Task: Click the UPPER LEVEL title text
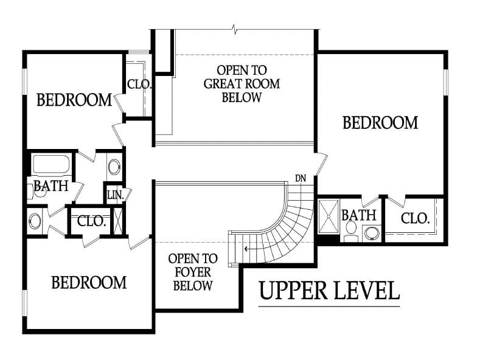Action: (x=329, y=291)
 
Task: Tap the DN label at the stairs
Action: (x=301, y=179)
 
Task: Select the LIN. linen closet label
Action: (x=116, y=195)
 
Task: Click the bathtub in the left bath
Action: (x=51, y=165)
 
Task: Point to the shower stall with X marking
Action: (x=329, y=216)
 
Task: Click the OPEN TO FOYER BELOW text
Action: (x=192, y=272)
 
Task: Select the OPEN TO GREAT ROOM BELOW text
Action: (x=242, y=84)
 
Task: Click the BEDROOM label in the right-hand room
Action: (x=380, y=123)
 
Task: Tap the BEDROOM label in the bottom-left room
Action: (x=89, y=282)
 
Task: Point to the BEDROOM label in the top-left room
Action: (x=74, y=100)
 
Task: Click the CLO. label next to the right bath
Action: (x=415, y=218)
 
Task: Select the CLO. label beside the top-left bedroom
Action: (x=139, y=84)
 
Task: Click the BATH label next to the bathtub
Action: (x=51, y=186)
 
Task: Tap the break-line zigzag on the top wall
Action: (x=234, y=29)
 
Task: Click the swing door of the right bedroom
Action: (x=321, y=164)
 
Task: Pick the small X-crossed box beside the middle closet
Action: (x=117, y=221)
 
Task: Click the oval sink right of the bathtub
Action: (x=114, y=167)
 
